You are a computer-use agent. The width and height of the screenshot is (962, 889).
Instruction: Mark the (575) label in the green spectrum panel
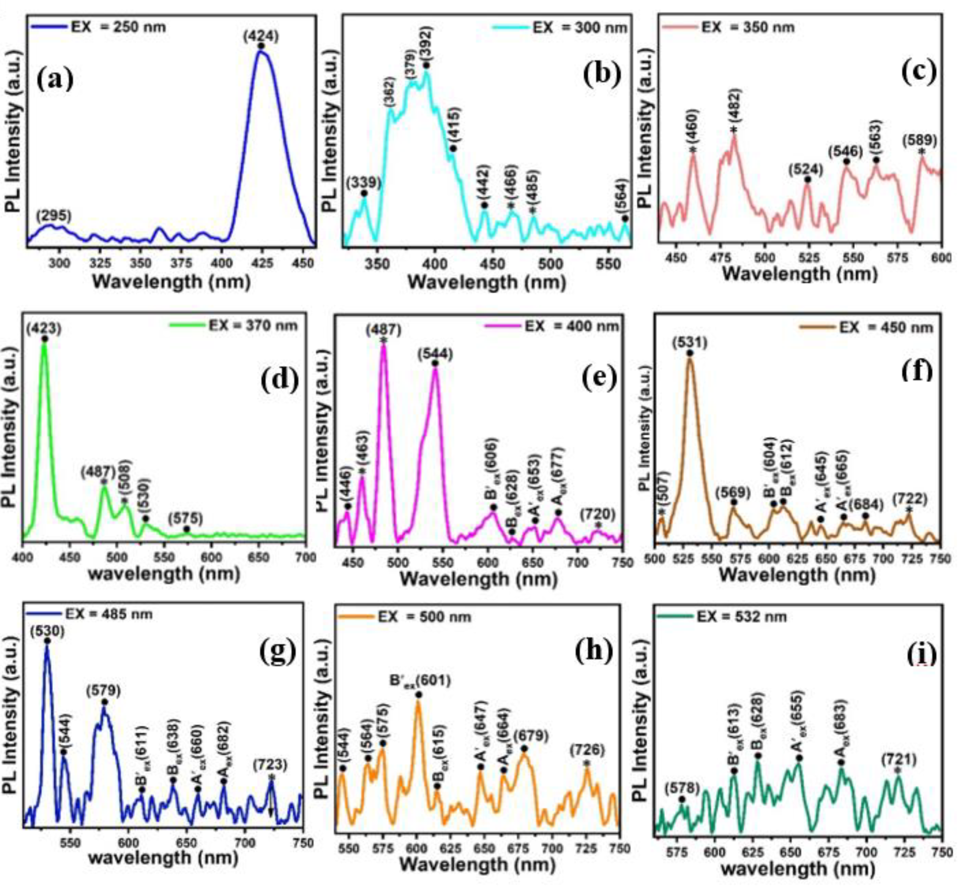pos(186,519)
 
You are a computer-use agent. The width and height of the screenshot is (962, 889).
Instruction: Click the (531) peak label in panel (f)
pos(690,342)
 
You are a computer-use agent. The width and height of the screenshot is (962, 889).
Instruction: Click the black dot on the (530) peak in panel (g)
pos(47,641)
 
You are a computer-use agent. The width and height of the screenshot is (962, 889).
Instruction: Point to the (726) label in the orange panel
pos(587,750)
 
